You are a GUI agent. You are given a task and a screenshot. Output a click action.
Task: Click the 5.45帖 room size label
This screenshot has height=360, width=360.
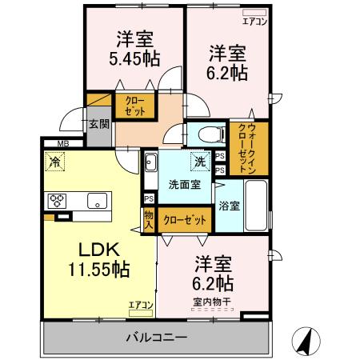click(x=134, y=58)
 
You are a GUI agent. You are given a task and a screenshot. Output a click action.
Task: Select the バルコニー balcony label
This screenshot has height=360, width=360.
click(x=156, y=337)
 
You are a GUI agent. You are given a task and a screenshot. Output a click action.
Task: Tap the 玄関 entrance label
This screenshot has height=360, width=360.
click(x=98, y=125)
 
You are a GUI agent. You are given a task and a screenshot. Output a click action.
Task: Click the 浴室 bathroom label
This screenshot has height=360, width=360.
click(x=229, y=206)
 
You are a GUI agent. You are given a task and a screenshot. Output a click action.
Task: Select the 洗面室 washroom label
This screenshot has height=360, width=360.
click(x=182, y=185)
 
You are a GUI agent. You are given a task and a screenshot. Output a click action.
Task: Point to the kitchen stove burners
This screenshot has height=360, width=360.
click(x=58, y=200)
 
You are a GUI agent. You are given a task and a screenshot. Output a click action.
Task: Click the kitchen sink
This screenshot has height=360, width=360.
click(x=97, y=201)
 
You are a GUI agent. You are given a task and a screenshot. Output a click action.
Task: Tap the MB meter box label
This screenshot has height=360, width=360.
click(x=50, y=144)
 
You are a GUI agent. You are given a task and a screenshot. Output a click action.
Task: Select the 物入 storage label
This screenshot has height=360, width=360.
click(x=149, y=218)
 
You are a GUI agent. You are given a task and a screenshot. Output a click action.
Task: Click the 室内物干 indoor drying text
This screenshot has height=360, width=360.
click(x=212, y=302)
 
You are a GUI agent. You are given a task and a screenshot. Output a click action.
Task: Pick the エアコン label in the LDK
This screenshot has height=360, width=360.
click(x=140, y=304)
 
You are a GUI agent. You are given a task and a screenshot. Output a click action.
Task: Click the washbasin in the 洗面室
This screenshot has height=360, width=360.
click(x=150, y=166)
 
